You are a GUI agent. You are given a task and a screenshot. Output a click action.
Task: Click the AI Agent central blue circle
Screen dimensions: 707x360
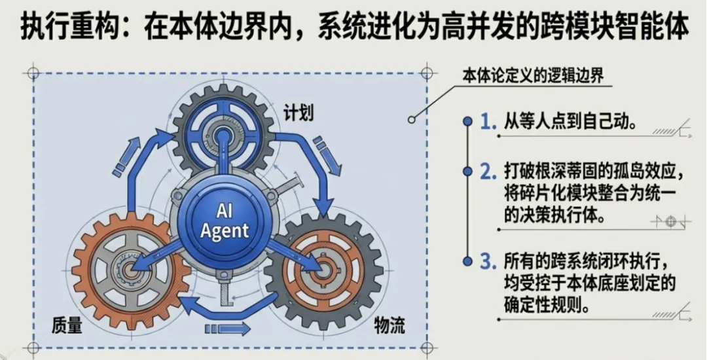[x=224, y=221]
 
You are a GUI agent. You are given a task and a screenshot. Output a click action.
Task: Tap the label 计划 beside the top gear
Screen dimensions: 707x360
[x=299, y=112]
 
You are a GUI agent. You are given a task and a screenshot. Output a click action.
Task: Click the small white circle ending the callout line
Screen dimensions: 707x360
[x=411, y=120]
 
